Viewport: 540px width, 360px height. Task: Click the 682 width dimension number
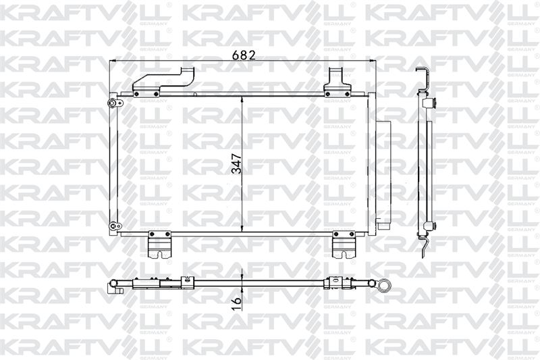tap(244, 55)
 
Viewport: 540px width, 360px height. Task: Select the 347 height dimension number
tap(237, 163)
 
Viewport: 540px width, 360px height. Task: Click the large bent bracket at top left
tap(164, 81)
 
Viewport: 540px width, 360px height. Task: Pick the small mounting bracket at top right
tap(337, 82)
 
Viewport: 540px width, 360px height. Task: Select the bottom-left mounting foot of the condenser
tap(160, 245)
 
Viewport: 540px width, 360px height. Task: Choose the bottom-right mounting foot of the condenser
tap(344, 245)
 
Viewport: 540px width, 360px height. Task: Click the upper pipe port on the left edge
tap(115, 103)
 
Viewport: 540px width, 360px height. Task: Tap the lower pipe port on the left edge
tap(115, 226)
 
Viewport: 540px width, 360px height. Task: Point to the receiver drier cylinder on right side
tap(383, 175)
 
